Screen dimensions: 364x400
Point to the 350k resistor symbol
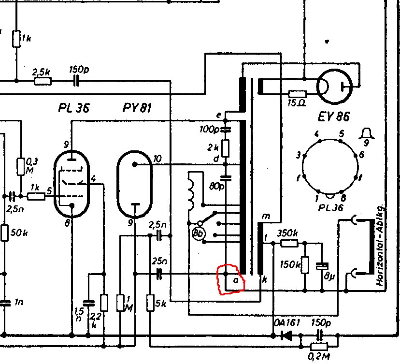click(289, 243)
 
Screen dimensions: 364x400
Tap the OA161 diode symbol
click(287, 335)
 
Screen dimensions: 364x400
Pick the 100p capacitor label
click(208, 130)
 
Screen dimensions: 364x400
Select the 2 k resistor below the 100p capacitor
click(226, 146)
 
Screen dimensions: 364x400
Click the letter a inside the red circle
click(235, 280)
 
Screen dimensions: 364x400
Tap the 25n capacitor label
click(156, 262)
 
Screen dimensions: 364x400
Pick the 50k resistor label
click(19, 233)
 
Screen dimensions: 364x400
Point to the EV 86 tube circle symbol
click(333, 87)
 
